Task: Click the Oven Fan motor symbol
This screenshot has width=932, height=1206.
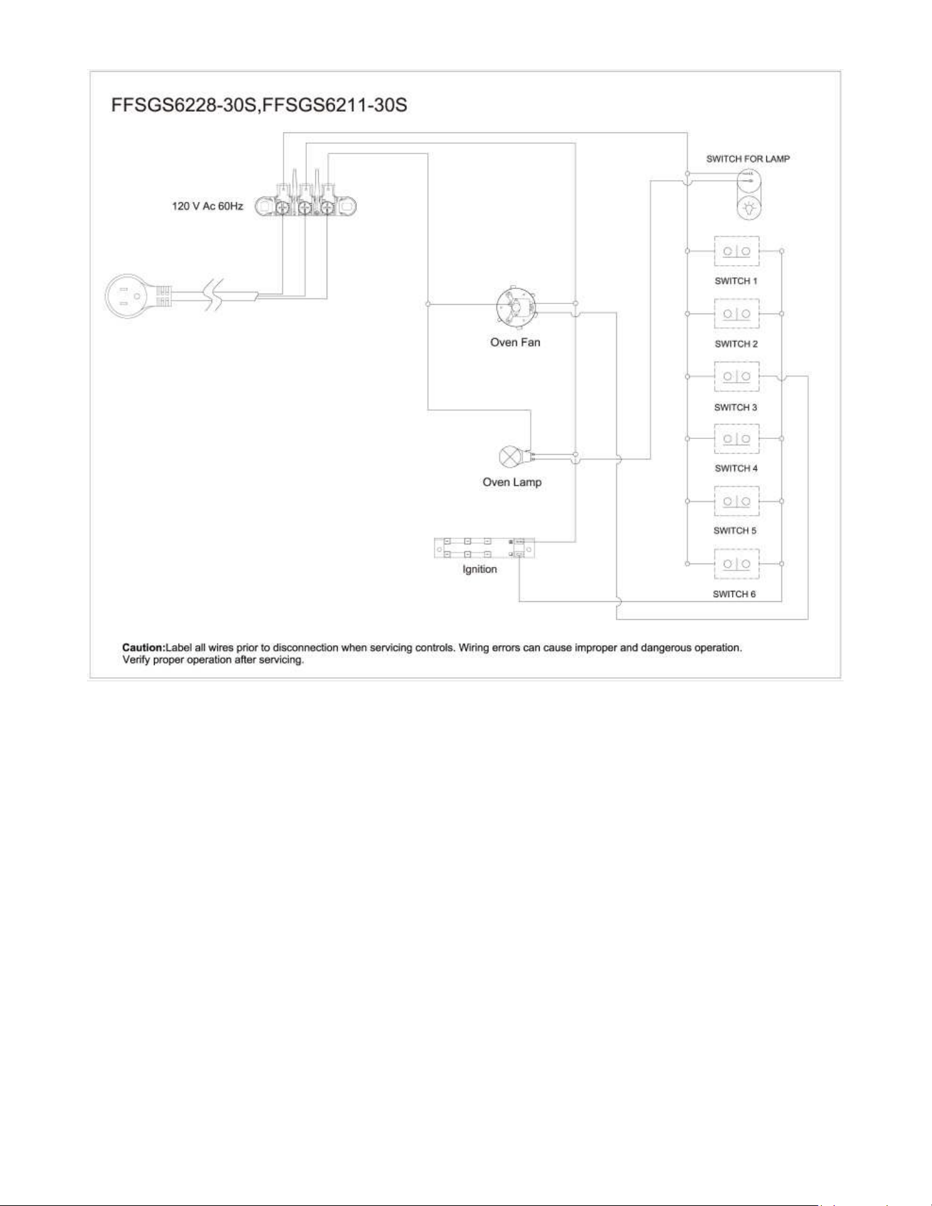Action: (516, 308)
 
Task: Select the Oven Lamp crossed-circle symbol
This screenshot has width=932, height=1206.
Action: (509, 456)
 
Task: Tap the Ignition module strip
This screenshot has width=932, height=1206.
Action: (484, 547)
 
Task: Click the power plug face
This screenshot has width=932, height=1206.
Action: (126, 296)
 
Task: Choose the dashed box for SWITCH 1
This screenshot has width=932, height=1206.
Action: (736, 251)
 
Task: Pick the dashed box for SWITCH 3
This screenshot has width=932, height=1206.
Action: (736, 376)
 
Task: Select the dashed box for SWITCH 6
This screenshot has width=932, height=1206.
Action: (736, 564)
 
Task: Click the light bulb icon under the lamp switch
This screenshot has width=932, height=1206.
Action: (749, 207)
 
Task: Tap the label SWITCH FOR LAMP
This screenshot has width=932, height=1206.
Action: (748, 159)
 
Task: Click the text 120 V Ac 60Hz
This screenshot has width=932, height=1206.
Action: (207, 206)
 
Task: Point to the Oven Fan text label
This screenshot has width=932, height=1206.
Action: (515, 342)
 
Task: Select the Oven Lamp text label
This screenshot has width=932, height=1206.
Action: (512, 482)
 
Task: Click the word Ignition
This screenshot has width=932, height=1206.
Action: (479, 569)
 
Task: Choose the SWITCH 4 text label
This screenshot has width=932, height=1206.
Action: (736, 468)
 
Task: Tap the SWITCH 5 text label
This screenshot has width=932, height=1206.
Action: (735, 531)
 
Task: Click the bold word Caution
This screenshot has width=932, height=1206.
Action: (144, 647)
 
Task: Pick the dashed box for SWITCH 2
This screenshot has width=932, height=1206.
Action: (736, 314)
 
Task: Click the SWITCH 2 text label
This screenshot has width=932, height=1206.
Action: (736, 344)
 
